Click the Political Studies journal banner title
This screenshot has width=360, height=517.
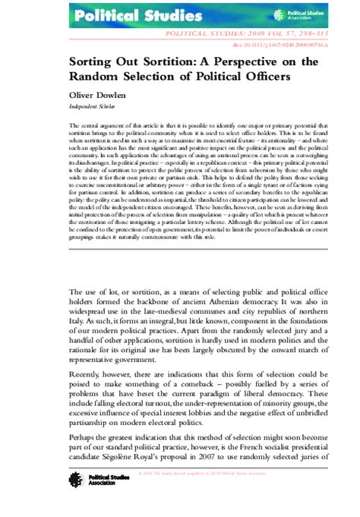pos(115,14)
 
